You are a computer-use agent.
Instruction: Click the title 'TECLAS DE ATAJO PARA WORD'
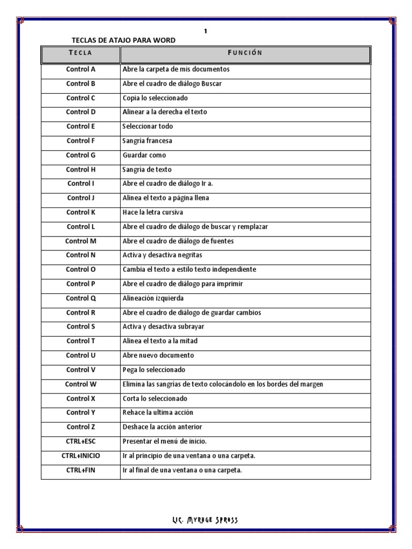point(123,40)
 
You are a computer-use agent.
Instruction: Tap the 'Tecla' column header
point(80,53)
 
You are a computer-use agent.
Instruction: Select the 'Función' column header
point(245,53)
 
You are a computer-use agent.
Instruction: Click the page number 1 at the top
point(205,31)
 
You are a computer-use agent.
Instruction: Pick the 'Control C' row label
point(80,98)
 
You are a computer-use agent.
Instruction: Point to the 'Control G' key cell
point(80,155)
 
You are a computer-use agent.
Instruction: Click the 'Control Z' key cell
point(80,427)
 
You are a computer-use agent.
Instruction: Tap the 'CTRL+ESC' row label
point(80,441)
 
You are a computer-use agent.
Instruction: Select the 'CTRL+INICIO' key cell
point(80,456)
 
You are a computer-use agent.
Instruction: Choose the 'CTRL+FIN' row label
point(80,470)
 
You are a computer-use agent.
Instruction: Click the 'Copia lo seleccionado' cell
point(155,98)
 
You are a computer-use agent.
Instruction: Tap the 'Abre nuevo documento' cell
point(158,355)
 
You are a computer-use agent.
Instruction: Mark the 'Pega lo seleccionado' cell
point(154,370)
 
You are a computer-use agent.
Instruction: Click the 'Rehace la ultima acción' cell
point(158,413)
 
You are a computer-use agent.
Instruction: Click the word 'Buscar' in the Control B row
point(211,84)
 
